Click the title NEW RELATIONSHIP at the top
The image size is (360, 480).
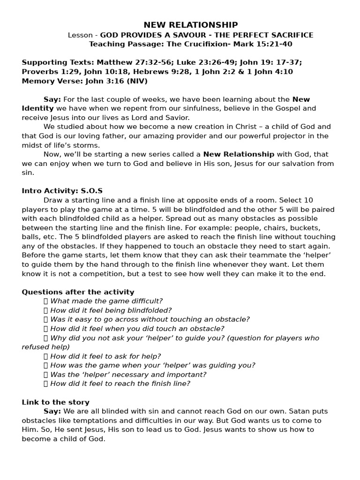tap(190, 25)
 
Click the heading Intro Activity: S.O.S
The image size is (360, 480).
tap(62, 191)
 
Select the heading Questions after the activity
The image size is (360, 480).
tap(78, 292)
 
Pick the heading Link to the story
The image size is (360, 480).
tap(55, 402)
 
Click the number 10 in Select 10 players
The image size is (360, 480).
tap(309, 200)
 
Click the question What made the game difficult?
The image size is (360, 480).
tap(106, 301)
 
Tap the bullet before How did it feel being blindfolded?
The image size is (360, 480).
tap(46, 310)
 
